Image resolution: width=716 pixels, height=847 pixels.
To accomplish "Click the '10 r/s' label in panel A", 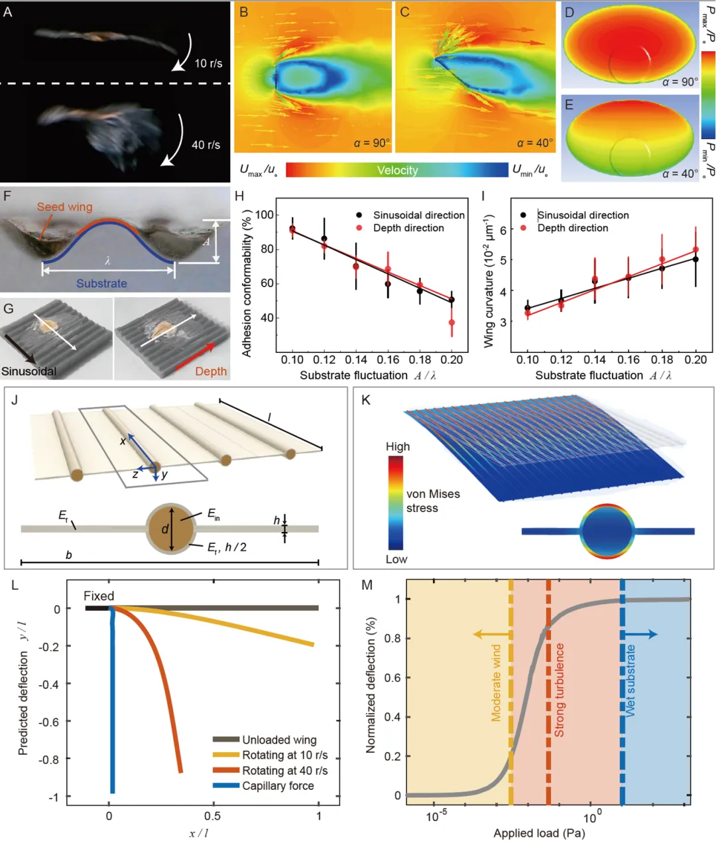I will tap(208, 64).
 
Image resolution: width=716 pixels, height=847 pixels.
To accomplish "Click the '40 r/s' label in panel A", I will tap(206, 145).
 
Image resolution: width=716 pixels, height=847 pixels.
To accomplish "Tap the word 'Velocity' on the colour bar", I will tap(397, 170).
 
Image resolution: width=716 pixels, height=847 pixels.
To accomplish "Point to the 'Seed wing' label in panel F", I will tap(64, 207).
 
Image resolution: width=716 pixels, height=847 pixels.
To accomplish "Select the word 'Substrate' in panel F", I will tap(101, 283).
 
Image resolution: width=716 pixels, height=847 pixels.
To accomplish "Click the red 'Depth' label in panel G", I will tap(211, 371).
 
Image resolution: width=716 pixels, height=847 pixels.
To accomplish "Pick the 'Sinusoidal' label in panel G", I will tap(29, 371).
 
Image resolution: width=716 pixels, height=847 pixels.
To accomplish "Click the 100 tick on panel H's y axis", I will tap(265, 215).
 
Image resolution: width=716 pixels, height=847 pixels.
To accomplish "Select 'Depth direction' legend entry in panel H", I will tap(408, 228).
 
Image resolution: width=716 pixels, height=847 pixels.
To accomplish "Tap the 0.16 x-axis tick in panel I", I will tap(628, 359).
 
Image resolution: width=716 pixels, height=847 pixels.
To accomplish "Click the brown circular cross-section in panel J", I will tap(171, 529).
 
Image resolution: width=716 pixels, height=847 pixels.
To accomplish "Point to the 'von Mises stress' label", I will tap(432, 501).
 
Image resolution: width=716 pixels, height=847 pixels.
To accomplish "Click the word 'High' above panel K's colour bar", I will tap(398, 447).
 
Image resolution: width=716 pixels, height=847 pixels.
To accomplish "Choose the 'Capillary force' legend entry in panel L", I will tap(278, 786).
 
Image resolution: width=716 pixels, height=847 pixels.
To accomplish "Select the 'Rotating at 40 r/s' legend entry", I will tap(284, 771).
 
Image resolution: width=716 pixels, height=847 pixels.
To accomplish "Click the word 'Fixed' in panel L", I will tap(99, 596).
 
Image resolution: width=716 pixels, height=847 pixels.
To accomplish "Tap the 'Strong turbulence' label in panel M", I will tap(559, 690).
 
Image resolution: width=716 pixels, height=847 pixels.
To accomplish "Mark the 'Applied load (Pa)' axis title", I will tap(539, 833).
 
